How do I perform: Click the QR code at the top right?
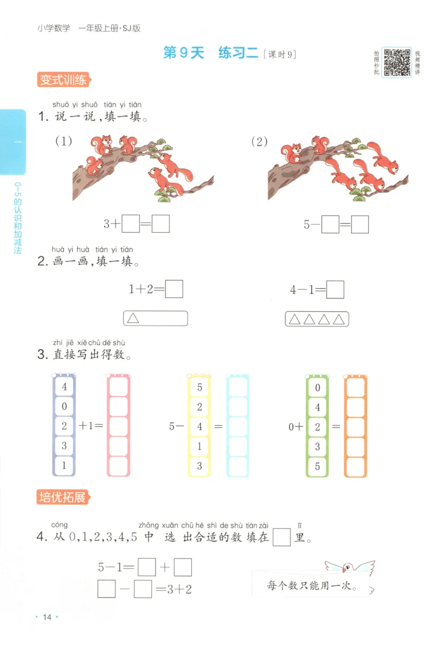[x=397, y=62]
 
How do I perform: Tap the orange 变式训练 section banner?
[x=63, y=80]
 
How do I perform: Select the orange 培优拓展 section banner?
[x=63, y=497]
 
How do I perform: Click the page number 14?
[x=46, y=617]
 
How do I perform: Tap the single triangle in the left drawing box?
[x=133, y=318]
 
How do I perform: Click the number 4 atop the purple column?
[x=64, y=386]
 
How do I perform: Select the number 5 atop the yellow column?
[x=199, y=386]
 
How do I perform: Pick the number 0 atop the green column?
[x=318, y=387]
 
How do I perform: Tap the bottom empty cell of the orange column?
[x=355, y=466]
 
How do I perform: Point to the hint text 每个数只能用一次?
[x=312, y=585]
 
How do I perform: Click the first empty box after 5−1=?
[x=147, y=567]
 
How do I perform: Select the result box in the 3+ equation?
[x=161, y=223]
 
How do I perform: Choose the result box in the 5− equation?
[x=360, y=224]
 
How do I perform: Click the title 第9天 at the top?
[x=185, y=53]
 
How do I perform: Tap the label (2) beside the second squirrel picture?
[x=260, y=141]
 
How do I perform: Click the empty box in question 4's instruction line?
[x=282, y=538]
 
